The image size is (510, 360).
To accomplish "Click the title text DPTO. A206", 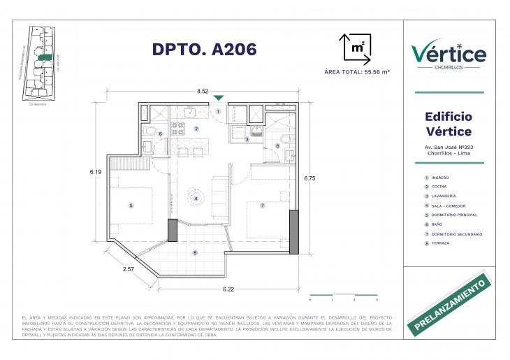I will coord(204,49).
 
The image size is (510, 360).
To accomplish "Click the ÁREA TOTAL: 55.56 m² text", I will coord(356,72).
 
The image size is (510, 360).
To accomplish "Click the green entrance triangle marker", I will coord(219,99).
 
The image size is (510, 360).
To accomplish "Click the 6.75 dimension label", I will coord(309,179).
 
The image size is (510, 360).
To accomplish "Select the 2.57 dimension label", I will coord(129,269).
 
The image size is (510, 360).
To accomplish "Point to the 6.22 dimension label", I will coord(228,289).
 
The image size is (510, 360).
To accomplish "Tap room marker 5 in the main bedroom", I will coord(130,206).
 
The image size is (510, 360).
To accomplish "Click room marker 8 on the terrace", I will coord(195,252).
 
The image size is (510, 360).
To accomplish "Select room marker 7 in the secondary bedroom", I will coord(262,206).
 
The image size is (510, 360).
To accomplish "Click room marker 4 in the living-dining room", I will coord(196,199).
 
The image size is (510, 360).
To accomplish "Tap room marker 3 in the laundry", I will coord(247,139).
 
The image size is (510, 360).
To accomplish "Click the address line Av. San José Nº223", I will coord(449,147).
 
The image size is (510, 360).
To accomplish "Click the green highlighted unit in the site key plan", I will coord(44,58).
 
